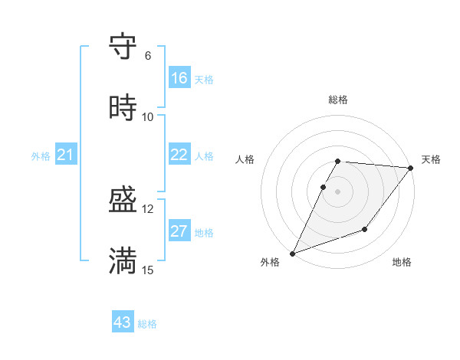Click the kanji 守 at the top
pyautogui.click(x=123, y=47)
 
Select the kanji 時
pyautogui.click(x=123, y=107)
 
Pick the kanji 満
pyautogui.click(x=123, y=261)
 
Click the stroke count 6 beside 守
pyautogui.click(x=148, y=56)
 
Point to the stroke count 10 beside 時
pyautogui.click(x=148, y=116)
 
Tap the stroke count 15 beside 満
pyautogui.click(x=148, y=270)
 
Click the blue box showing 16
pyautogui.click(x=179, y=78)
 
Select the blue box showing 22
pyautogui.click(x=179, y=155)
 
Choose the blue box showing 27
pyautogui.click(x=179, y=231)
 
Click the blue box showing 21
pyautogui.click(x=66, y=155)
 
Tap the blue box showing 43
pyautogui.click(x=123, y=322)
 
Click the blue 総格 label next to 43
pyautogui.click(x=147, y=324)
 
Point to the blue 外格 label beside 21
pyautogui.click(x=41, y=156)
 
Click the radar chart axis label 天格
pyautogui.click(x=431, y=159)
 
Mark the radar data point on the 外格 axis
pyautogui.click(x=293, y=253)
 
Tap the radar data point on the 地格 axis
pyautogui.click(x=365, y=229)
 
